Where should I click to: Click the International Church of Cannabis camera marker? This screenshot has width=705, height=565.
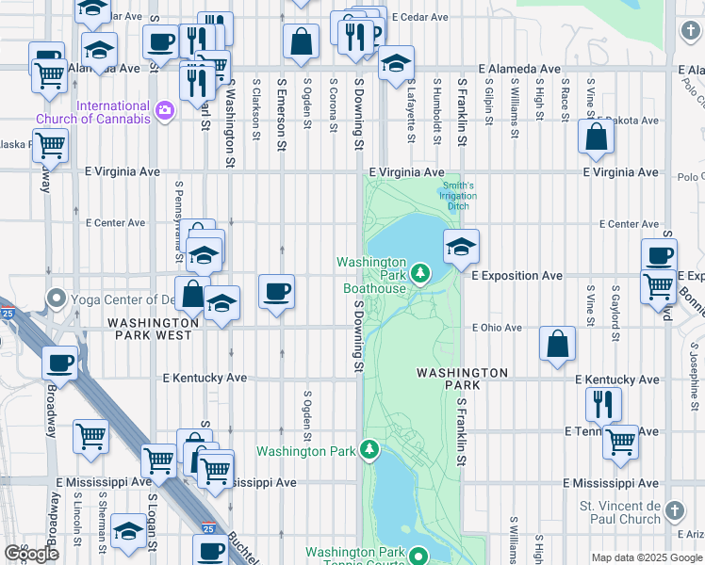click(x=166, y=112)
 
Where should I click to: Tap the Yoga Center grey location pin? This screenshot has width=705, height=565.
click(x=56, y=300)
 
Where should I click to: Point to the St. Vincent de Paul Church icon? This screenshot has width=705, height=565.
click(x=673, y=511)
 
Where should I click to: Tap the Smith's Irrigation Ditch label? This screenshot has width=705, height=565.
click(x=458, y=196)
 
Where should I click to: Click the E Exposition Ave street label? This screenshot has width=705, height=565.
click(x=516, y=276)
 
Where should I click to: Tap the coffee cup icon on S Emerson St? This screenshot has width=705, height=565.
click(x=276, y=291)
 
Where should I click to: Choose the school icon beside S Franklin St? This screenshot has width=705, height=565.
click(x=461, y=247)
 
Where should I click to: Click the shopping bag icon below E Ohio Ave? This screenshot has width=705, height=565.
click(x=558, y=344)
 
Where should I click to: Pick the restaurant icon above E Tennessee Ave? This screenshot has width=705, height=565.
click(x=603, y=403)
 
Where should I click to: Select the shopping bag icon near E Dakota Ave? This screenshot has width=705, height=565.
click(x=597, y=137)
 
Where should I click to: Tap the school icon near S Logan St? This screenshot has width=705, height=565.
click(x=128, y=530)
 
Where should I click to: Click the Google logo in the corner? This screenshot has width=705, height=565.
click(x=31, y=554)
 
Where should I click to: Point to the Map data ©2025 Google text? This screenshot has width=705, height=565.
click(x=646, y=557)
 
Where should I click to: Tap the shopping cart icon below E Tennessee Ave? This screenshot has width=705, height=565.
click(x=621, y=440)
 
